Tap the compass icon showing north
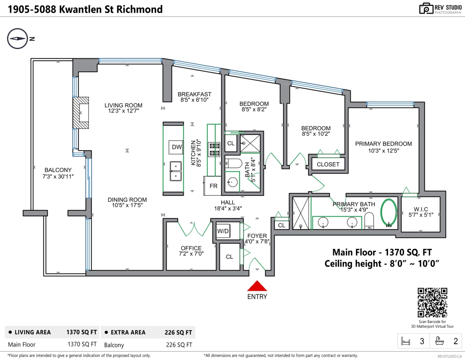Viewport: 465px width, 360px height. coord(17,39)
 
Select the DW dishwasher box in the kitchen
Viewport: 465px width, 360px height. coord(177,147)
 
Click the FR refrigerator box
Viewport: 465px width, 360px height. coord(213,186)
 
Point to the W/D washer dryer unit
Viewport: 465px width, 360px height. coord(223,231)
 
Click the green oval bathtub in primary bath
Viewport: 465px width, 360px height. coord(389,212)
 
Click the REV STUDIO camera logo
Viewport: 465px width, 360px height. coord(426,9)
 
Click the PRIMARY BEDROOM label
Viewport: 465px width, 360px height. coord(383,144)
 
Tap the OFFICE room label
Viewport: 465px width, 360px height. coord(191,248)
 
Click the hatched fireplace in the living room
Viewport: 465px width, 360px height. coord(81,112)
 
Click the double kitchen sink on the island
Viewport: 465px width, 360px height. coord(176,171)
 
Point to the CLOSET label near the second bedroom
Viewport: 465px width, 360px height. coord(328,164)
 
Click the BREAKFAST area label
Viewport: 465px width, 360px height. coord(195,94)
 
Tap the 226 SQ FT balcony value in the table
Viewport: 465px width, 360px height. coord(179,344)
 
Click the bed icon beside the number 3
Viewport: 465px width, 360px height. coord(406,341)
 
